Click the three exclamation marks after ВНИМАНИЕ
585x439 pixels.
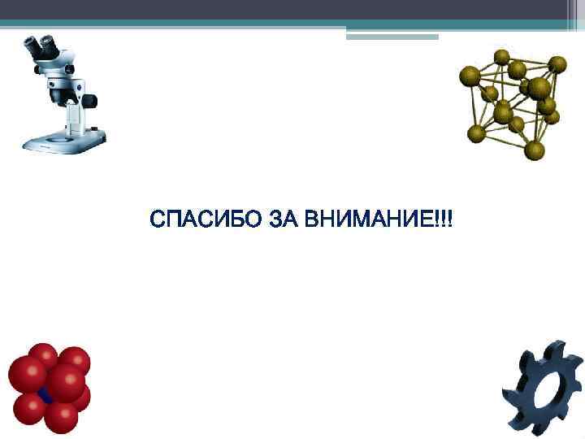(x=445, y=219)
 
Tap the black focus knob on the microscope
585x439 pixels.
(x=89, y=102)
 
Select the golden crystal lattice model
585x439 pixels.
(x=512, y=102)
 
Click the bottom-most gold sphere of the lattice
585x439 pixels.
(x=534, y=150)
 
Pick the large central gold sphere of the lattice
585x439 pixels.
(x=539, y=88)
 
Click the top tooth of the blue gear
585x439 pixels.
(x=554, y=349)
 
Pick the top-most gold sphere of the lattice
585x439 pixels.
(x=502, y=57)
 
